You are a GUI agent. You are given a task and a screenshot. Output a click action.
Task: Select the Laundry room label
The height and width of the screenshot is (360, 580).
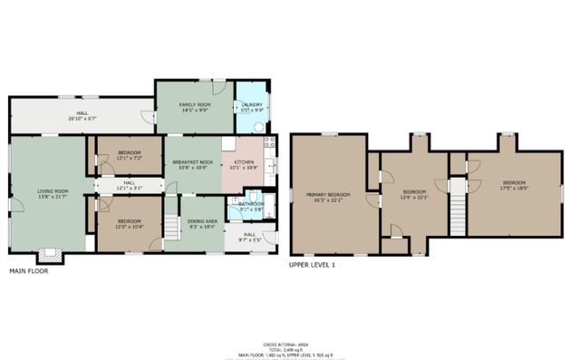coord(250,105)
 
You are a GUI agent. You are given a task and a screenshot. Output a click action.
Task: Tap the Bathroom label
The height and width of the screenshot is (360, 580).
coord(251,204)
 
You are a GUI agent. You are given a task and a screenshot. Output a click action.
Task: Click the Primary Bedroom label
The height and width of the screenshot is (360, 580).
coord(328,195)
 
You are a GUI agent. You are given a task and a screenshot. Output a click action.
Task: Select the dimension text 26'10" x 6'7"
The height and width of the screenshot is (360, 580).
coord(82,117)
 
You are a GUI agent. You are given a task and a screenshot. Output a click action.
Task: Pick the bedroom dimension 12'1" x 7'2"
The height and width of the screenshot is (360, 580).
coord(129,159)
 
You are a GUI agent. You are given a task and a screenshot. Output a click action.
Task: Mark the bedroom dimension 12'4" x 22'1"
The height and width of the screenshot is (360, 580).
coord(414,197)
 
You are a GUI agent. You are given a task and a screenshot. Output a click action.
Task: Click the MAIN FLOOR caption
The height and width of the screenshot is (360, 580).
coord(30,270)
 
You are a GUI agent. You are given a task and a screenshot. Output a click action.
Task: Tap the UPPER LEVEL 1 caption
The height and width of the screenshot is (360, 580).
coord(312,265)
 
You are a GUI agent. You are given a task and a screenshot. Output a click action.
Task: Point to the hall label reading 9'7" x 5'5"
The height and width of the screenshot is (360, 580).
coord(249,238)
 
